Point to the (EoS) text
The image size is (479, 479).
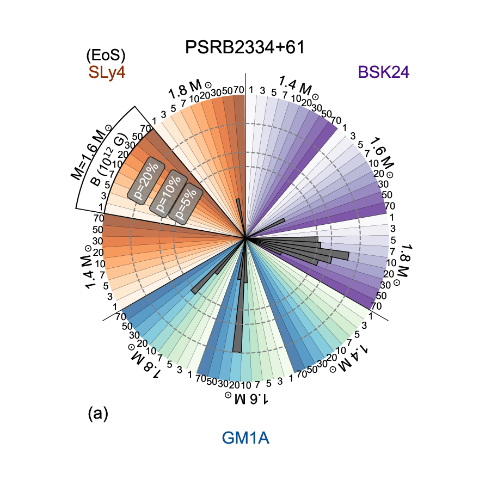point(106,55)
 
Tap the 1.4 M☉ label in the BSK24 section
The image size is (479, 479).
point(296,86)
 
